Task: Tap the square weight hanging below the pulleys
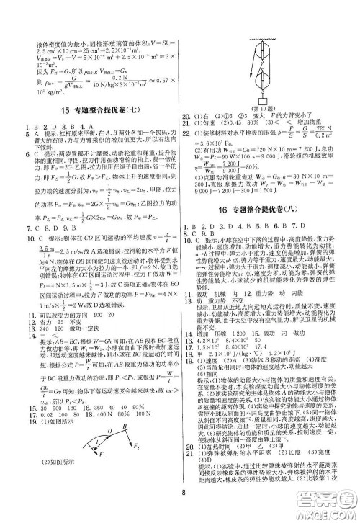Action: coord(262,101)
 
